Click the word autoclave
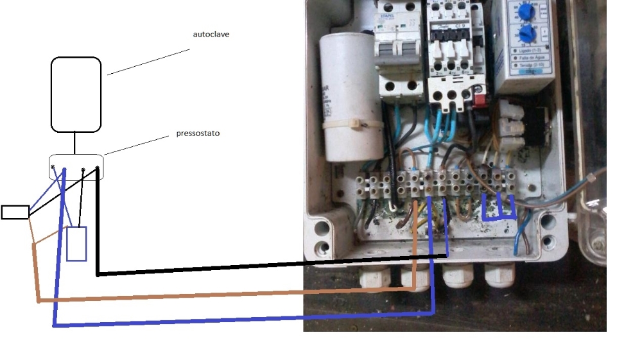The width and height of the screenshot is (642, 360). (x=211, y=34)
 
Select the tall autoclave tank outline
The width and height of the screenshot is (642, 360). (x=76, y=94)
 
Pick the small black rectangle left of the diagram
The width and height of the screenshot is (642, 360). (x=15, y=212)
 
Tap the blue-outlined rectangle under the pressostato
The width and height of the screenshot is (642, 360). (x=76, y=244)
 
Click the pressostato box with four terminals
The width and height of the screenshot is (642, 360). (x=76, y=167)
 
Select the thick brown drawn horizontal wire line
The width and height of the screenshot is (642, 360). (x=225, y=295)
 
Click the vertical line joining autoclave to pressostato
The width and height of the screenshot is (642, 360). (x=75, y=142)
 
